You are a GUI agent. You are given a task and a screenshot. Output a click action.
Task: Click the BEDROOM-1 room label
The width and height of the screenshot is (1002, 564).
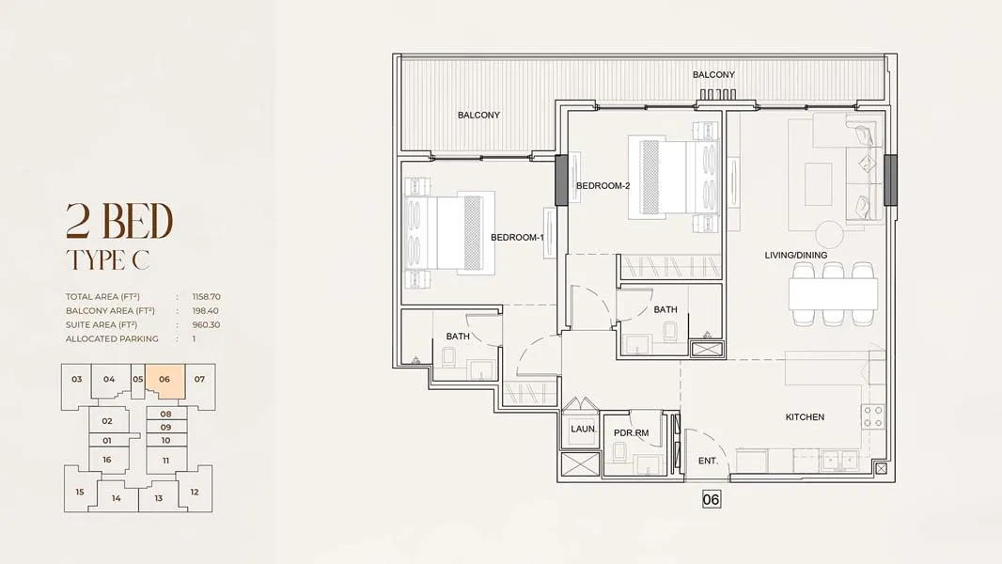[x=517, y=238]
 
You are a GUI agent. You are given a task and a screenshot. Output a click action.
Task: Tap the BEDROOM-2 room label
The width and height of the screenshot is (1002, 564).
[x=603, y=186]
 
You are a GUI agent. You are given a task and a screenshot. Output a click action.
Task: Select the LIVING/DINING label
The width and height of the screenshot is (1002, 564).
[x=795, y=255]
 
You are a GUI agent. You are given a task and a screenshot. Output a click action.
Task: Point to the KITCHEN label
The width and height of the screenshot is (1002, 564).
[x=805, y=417]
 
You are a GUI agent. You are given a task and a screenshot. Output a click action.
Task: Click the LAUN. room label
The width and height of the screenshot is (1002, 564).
[x=584, y=429]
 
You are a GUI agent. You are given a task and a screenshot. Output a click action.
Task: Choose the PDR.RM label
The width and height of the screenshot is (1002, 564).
[x=632, y=433]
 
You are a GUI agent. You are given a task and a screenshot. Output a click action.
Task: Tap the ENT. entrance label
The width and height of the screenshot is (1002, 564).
[x=708, y=461]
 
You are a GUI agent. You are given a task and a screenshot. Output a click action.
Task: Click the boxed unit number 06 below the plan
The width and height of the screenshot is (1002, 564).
[x=712, y=499]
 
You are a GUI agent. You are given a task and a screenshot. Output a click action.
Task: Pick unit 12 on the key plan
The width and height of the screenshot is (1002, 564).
[x=195, y=492]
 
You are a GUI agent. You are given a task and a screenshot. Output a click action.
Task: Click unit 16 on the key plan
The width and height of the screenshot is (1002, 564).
[x=107, y=460]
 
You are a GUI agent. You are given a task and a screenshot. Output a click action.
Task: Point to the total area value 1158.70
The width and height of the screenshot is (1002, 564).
[x=207, y=297]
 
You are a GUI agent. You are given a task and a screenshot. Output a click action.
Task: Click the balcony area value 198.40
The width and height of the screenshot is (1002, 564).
[x=205, y=311]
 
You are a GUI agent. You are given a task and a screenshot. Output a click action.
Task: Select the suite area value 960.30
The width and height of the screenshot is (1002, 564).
[x=206, y=325]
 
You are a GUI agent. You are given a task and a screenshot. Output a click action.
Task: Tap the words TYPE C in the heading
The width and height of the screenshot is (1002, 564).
[x=107, y=260]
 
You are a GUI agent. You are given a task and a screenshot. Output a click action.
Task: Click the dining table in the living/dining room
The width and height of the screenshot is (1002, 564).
[x=834, y=294]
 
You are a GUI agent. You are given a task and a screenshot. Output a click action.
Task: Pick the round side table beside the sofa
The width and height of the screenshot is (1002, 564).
[x=829, y=234]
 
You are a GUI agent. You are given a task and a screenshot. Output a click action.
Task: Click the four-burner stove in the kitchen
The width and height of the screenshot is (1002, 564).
[x=873, y=416]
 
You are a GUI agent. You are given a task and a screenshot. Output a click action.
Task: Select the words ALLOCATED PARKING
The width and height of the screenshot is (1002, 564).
[x=112, y=339]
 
